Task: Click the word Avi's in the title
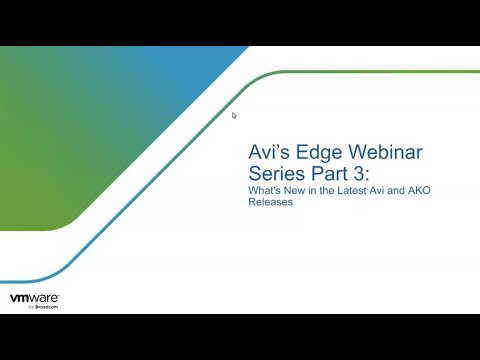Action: coord(268,153)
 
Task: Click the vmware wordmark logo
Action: coord(34,298)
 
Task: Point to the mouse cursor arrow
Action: coord(234,115)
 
